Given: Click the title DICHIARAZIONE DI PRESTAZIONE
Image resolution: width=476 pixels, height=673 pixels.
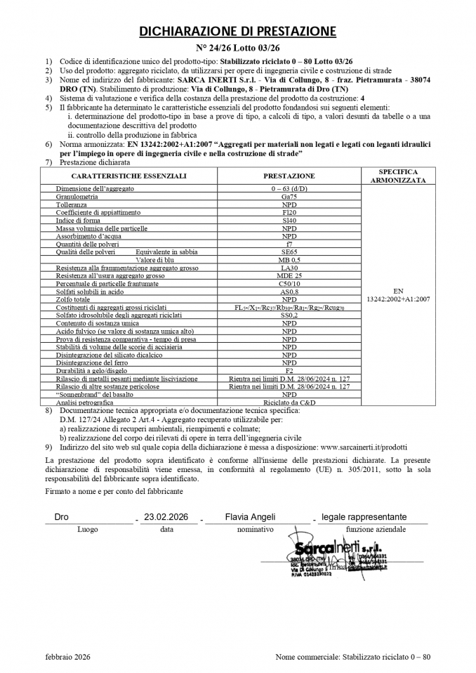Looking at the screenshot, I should pos(237,31).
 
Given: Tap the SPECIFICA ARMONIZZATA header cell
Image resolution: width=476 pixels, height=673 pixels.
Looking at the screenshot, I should pos(398,176).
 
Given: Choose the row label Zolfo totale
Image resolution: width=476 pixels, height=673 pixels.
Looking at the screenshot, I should pos(73,299).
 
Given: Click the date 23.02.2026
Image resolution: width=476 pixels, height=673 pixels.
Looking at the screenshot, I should pos(166,517).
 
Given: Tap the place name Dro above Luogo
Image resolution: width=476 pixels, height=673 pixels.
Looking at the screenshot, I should pos(62,517).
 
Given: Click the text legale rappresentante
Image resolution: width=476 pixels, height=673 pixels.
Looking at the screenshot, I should pos(363,517).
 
